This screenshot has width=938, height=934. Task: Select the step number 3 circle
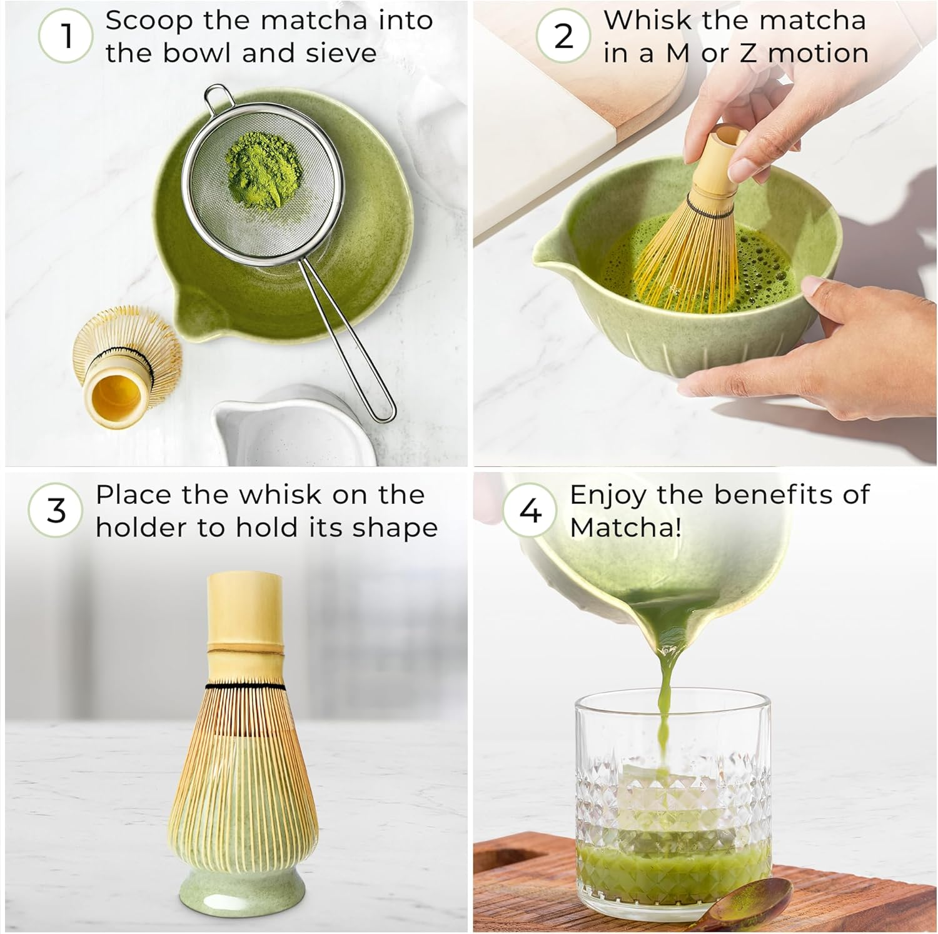click(56, 511)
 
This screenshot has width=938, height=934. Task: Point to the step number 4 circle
click(530, 511)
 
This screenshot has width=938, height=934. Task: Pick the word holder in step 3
click(141, 528)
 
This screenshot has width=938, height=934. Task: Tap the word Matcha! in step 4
click(625, 528)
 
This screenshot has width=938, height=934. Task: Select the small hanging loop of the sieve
click(218, 98)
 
